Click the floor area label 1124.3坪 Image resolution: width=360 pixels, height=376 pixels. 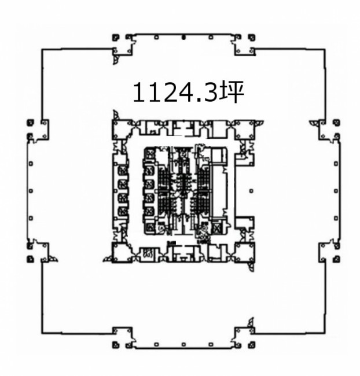(189, 93)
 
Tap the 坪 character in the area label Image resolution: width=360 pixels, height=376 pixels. (232, 93)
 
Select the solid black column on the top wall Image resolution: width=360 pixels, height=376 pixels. (183, 38)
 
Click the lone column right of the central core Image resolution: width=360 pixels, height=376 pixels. (251, 191)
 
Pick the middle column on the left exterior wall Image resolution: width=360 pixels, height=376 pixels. (31, 191)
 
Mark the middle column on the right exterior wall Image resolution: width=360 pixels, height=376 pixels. (336, 191)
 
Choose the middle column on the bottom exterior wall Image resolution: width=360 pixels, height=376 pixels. (183, 345)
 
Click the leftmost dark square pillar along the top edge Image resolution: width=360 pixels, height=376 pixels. (116, 38)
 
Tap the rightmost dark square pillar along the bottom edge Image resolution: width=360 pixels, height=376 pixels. (252, 345)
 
